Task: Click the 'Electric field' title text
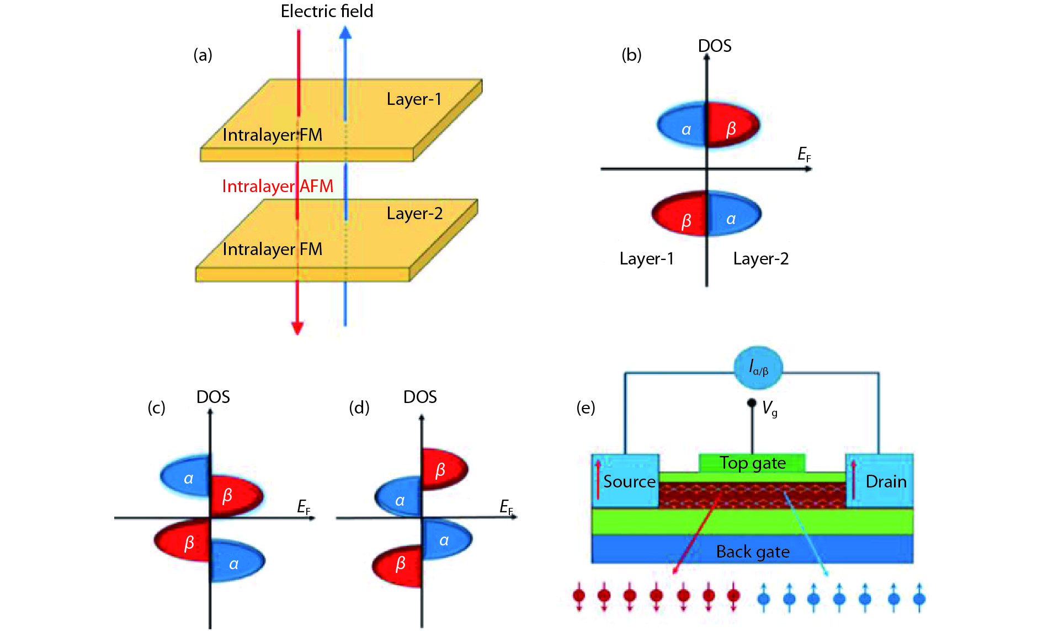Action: point(327,11)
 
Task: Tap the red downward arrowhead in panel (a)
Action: point(297,328)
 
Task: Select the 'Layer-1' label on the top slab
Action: point(414,99)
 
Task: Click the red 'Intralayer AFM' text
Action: point(278,186)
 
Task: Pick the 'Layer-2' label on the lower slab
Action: point(414,213)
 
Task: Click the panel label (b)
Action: point(631,55)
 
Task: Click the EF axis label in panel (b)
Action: point(804,154)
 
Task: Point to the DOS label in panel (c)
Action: point(213,397)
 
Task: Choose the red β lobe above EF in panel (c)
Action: point(235,495)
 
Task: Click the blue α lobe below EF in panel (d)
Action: point(446,540)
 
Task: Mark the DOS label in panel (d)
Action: point(420,397)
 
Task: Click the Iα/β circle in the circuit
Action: point(758,367)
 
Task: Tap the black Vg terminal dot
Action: point(752,403)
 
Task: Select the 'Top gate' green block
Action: point(752,463)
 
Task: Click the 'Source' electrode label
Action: point(629,481)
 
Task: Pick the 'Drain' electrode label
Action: point(886,481)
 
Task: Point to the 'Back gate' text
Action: point(753,552)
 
